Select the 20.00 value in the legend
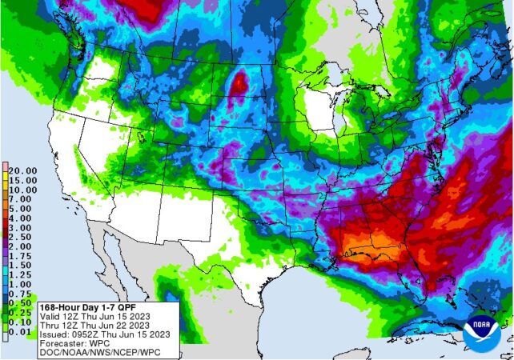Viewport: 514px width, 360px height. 22,170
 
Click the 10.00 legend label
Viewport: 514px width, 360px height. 22,189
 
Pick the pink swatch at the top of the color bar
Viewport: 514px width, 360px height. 4,166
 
